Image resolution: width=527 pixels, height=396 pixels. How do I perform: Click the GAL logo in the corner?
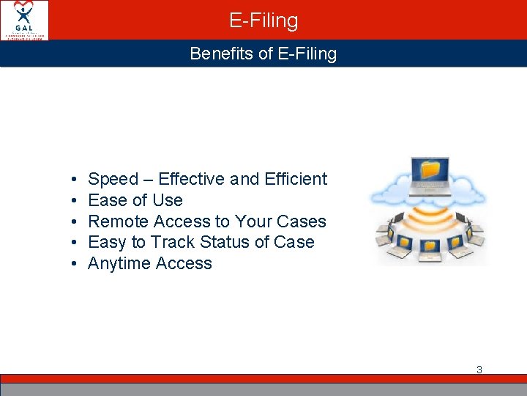coord(25,20)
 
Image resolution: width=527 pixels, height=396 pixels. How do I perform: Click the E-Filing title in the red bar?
coord(263,21)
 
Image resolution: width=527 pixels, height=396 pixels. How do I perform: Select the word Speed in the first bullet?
coord(113,179)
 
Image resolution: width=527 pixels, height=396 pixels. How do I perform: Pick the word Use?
coord(168,200)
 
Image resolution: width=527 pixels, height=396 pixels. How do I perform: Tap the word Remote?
coord(119,221)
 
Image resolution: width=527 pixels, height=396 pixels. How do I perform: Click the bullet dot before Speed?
coord(75,180)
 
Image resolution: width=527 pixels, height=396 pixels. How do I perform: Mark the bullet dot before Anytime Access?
coord(75,264)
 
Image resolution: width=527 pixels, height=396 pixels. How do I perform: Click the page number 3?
coord(479,370)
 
